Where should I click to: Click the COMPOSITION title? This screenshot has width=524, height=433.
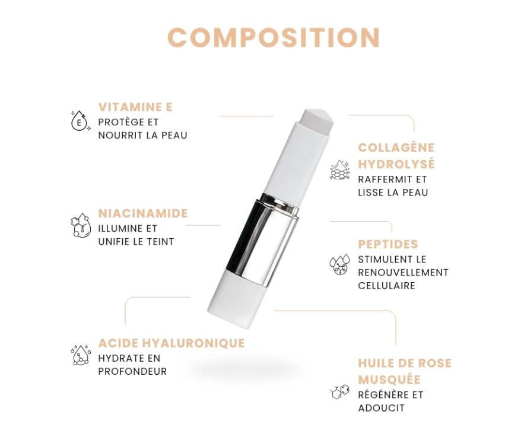(274, 38)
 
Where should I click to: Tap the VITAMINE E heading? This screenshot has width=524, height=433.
(135, 107)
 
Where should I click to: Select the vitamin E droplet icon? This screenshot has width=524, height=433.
(80, 121)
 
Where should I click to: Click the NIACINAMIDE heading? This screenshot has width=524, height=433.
(143, 213)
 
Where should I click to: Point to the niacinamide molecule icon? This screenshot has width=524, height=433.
(79, 226)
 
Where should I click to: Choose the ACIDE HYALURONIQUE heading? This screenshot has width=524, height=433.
(172, 343)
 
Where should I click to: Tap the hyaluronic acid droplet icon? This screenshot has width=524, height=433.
(80, 355)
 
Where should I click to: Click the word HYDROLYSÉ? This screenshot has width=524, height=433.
(396, 163)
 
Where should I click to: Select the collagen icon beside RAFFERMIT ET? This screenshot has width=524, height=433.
(340, 170)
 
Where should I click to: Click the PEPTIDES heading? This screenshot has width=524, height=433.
(388, 244)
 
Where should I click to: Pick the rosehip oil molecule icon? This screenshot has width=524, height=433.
(339, 391)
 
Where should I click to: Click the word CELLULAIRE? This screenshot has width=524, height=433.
(386, 286)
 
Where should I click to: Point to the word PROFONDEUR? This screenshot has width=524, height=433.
(132, 372)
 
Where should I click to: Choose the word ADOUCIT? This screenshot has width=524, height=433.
(382, 408)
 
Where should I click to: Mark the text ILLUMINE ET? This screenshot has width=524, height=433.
(128, 229)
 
